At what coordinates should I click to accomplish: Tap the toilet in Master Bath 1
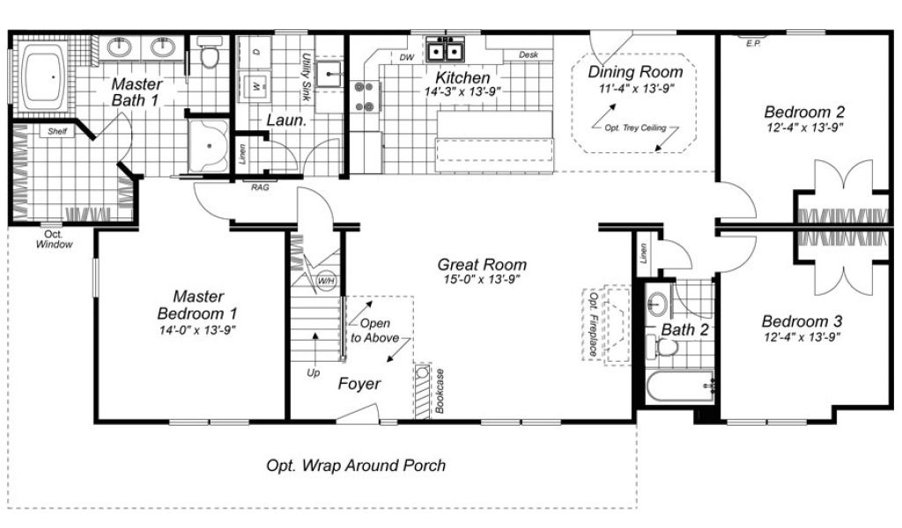point(210,52)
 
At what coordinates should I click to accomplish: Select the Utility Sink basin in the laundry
point(329,73)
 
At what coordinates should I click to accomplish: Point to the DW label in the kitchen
point(407,57)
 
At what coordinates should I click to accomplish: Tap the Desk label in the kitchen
point(529,55)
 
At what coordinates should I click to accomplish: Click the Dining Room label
point(635,72)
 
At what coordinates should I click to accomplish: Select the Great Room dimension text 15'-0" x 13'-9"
point(482,280)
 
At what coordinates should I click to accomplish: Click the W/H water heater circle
point(326,281)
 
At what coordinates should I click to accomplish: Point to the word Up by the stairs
point(313,373)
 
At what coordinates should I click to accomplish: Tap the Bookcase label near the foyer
point(440,391)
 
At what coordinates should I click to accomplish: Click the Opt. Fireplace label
point(593,324)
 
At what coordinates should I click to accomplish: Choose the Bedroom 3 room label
point(802,321)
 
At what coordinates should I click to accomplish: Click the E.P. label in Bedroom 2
point(753,44)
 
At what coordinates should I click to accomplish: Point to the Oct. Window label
point(54,239)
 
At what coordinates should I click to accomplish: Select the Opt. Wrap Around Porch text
point(356,466)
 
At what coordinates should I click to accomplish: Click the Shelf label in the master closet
point(57,132)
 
